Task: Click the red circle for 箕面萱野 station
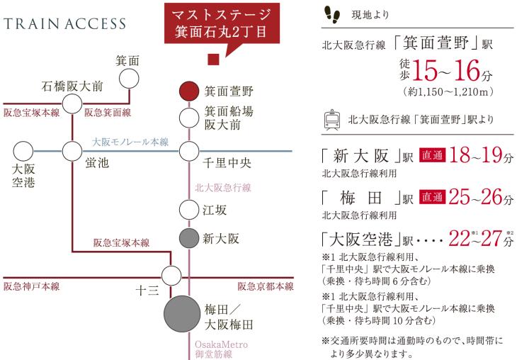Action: (x=189, y=91)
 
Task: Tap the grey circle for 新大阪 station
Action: (x=189, y=238)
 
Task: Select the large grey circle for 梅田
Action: (x=182, y=314)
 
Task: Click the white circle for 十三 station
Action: (x=171, y=276)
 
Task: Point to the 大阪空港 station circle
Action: (x=23, y=152)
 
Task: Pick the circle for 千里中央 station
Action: (x=189, y=152)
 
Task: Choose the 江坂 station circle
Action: (x=189, y=210)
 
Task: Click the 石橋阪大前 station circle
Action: (x=72, y=103)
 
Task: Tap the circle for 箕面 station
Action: (x=129, y=79)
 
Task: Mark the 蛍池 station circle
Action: (x=72, y=152)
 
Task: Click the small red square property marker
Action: (x=213, y=59)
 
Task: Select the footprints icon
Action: (x=332, y=14)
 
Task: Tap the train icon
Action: (x=331, y=120)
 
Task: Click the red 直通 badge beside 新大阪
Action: (x=432, y=155)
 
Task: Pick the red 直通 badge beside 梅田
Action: (x=432, y=197)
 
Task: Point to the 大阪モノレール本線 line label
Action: (x=130, y=142)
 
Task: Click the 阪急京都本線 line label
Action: (x=266, y=286)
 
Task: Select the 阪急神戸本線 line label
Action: (x=32, y=286)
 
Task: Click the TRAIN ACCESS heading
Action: (x=64, y=24)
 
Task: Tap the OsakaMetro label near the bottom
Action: (x=221, y=344)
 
